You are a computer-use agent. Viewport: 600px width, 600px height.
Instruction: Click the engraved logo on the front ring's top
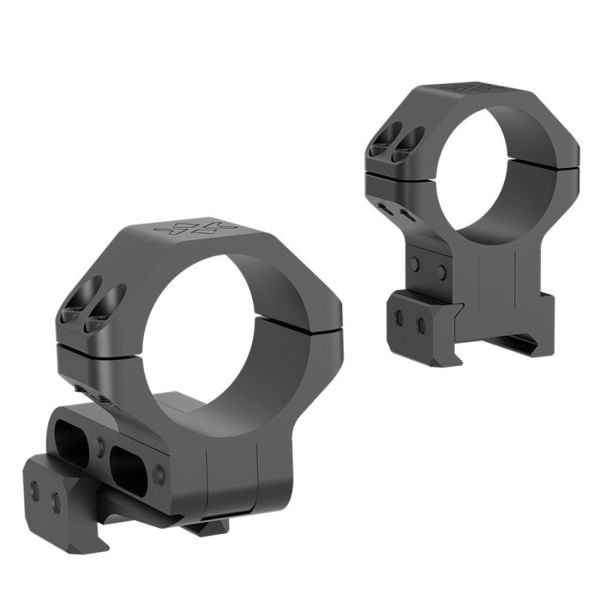click(x=194, y=229)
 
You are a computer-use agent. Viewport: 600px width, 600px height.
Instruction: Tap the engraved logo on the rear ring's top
click(x=469, y=88)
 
